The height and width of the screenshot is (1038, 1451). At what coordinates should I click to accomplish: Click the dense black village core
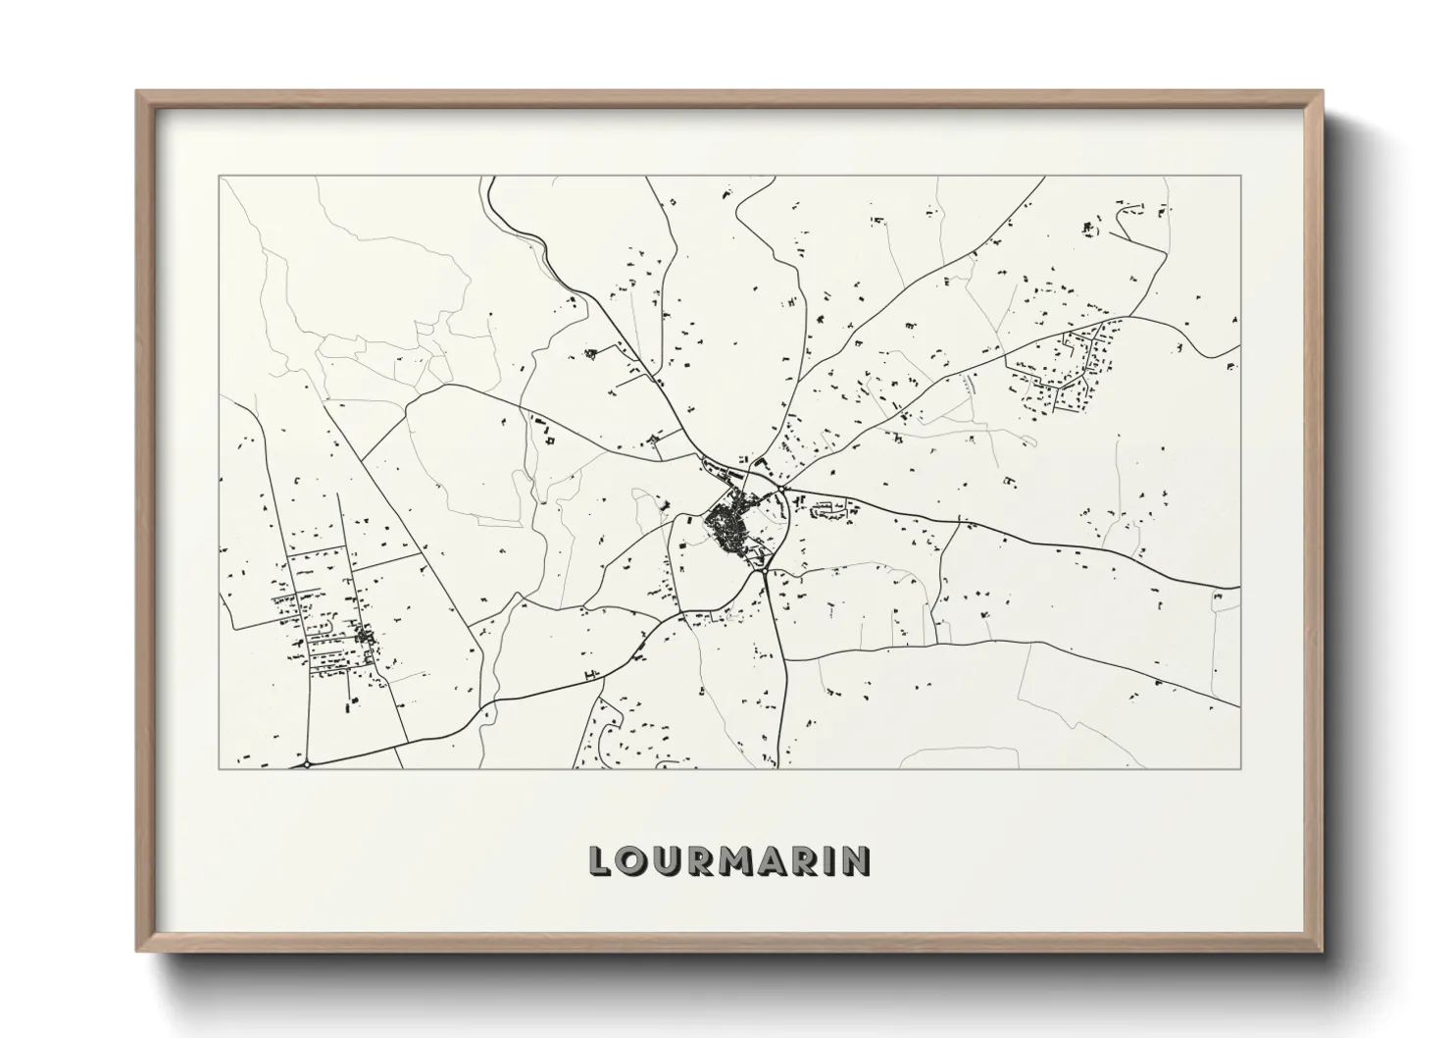(726, 531)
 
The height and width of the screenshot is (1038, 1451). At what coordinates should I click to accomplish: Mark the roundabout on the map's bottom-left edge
(307, 762)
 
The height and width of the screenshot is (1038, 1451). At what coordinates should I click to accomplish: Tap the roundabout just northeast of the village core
(781, 488)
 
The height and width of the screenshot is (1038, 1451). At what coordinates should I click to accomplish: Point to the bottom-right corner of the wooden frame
(1323, 951)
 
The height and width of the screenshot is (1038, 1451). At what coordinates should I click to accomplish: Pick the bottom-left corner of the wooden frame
(136, 951)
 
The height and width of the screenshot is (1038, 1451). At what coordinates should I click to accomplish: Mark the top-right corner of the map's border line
(1240, 177)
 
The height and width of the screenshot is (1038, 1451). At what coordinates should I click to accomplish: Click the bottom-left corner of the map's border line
(220, 768)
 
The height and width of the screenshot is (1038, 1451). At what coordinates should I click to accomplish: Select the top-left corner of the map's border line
(220, 177)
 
